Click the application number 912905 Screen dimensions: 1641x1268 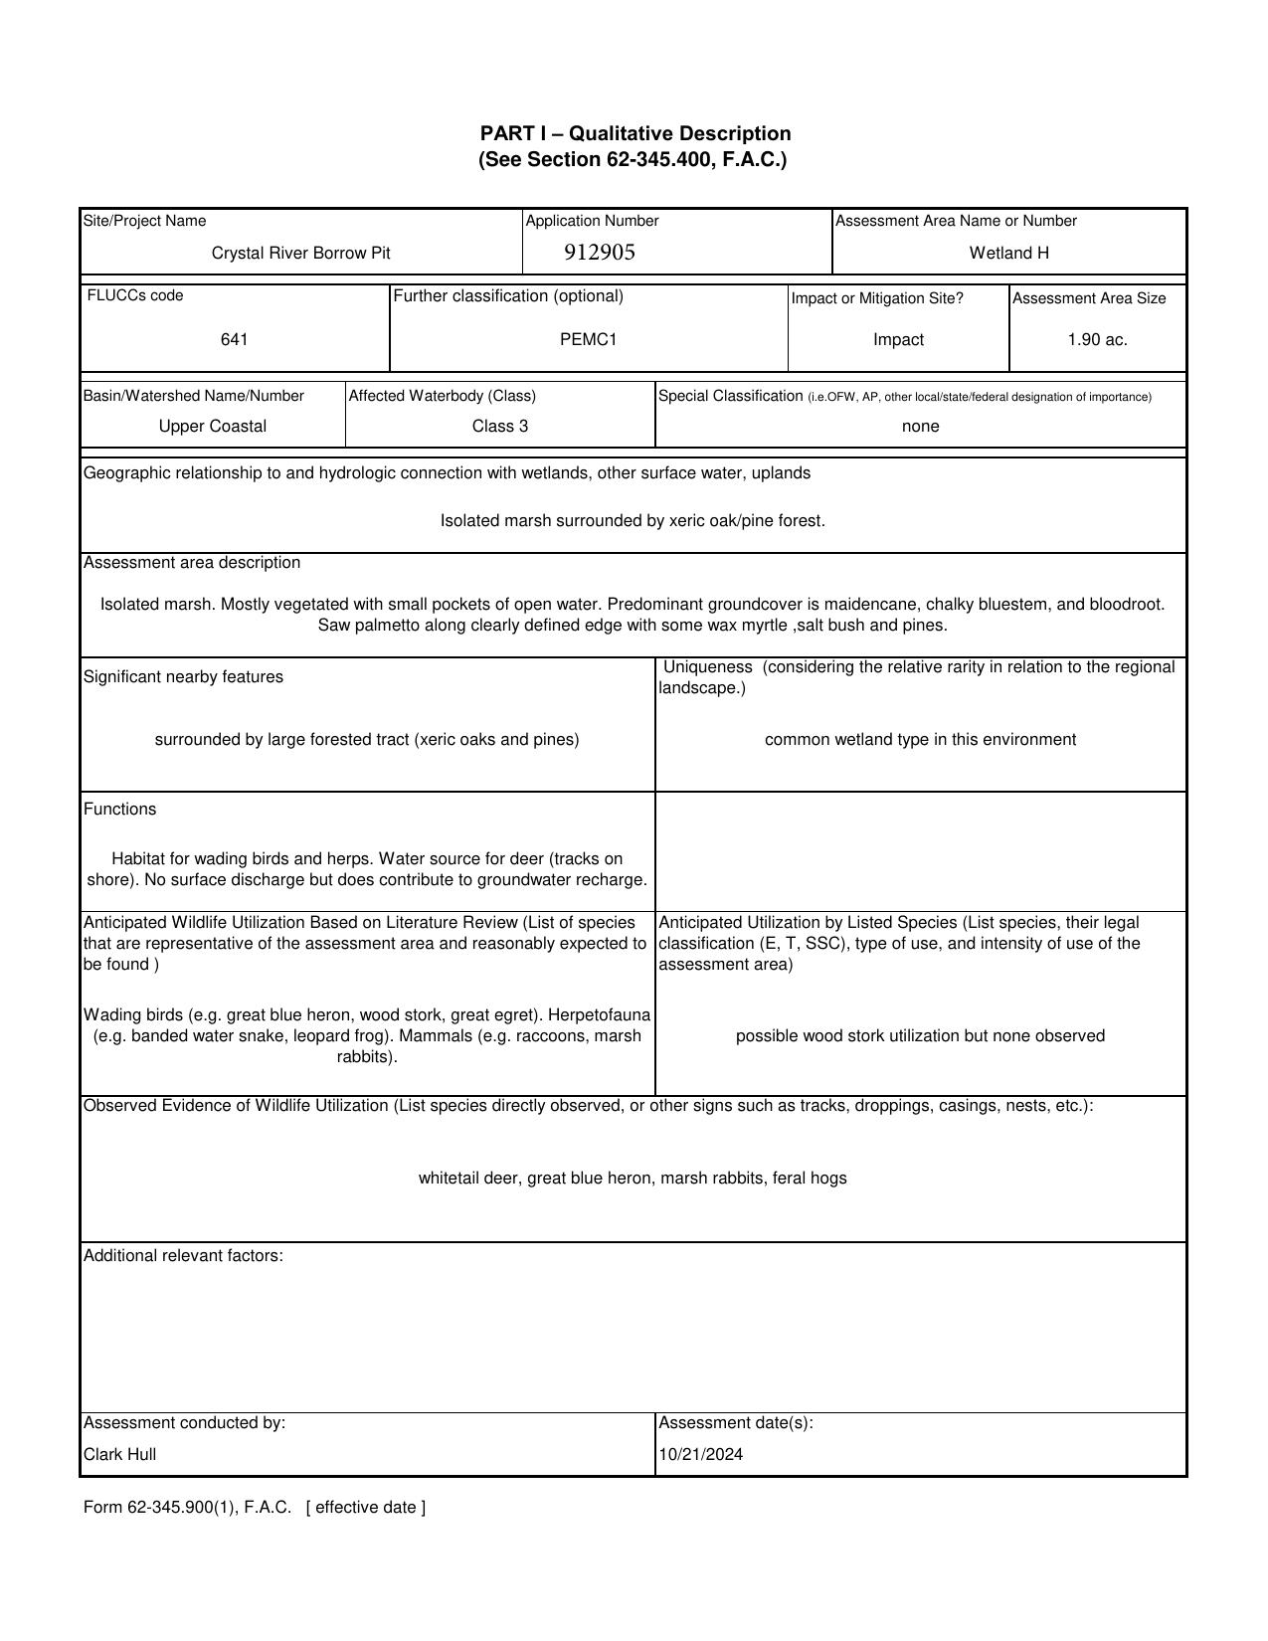pos(599,253)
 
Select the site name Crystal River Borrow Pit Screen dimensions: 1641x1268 pos(300,254)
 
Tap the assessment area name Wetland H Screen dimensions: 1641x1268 pos(1008,254)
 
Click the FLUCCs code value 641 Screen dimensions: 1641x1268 pos(235,340)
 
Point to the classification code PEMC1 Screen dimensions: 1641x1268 pos(588,340)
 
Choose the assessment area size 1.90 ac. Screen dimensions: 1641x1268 pos(1097,340)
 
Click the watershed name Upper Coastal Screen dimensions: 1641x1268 pos(213,427)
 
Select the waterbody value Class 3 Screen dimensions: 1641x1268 pos(499,427)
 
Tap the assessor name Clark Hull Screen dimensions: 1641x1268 pos(119,1454)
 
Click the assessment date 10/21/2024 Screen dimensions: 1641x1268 pos(700,1454)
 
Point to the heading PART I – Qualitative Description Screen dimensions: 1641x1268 pos(634,133)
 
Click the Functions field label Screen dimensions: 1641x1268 pos(119,810)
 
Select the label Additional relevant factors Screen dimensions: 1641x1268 pos(183,1256)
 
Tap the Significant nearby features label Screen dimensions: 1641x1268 pos(183,677)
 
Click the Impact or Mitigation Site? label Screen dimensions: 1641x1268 pos(876,298)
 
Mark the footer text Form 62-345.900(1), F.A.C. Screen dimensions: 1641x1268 pos(187,1508)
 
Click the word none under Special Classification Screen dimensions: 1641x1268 pos(920,427)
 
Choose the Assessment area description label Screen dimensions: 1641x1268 pos(191,563)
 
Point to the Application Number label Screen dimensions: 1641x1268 pos(592,221)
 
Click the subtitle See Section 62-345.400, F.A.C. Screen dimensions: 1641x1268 pos(633,160)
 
